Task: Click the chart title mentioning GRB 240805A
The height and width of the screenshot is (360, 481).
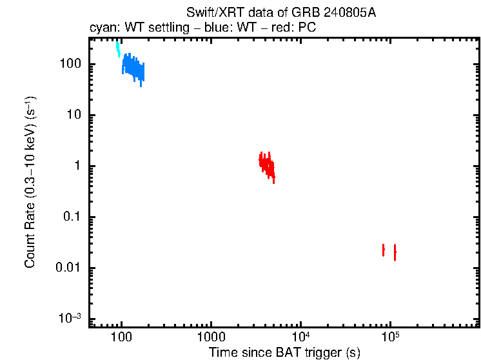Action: point(280,14)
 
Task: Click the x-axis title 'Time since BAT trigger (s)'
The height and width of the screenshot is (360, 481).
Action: point(284,352)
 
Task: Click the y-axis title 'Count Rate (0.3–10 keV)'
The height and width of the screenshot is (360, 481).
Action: point(30,182)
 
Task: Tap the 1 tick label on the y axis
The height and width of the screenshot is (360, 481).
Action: point(77,166)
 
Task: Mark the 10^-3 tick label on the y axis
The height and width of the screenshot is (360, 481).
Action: point(70,318)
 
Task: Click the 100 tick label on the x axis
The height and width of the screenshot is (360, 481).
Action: point(121,337)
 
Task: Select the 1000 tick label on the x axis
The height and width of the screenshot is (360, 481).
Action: point(210,337)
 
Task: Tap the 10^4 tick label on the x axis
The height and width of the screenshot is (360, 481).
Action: point(300,337)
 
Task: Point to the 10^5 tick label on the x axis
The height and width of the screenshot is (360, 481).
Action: point(389,337)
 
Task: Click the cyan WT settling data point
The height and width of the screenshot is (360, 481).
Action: point(118,48)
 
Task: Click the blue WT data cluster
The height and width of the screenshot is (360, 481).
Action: point(133,67)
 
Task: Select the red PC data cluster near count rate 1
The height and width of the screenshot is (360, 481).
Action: point(266,165)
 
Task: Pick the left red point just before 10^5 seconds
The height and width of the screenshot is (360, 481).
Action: point(384,250)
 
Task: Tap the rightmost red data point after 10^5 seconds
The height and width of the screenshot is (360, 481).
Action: point(395,252)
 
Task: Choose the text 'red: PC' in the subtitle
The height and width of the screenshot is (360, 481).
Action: point(297,29)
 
